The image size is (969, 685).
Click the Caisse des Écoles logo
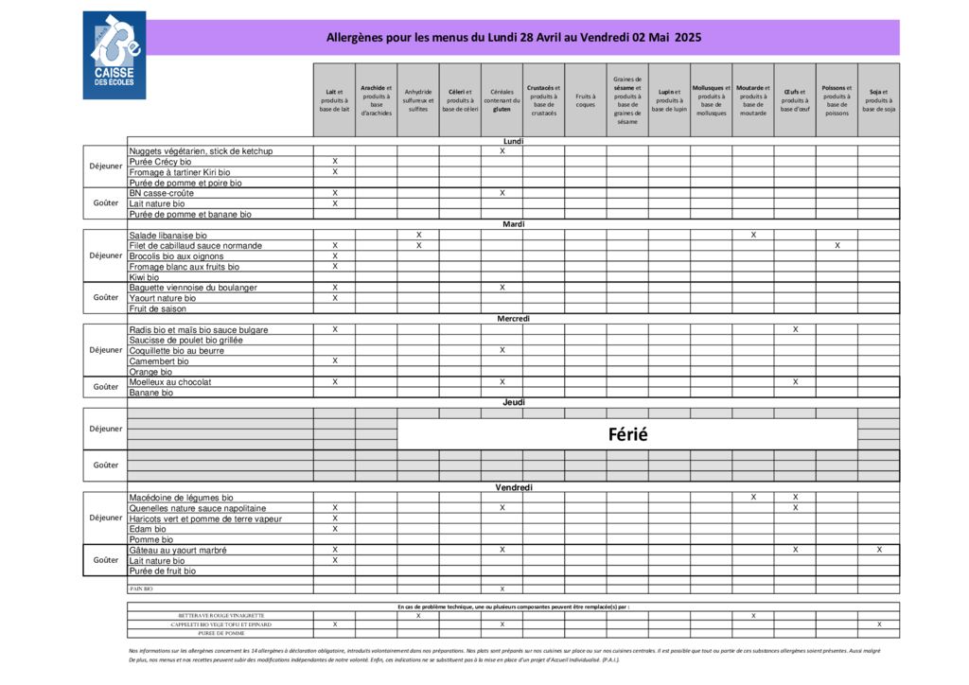[115, 55]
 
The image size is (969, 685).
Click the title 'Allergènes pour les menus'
[514, 38]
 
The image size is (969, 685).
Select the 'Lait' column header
[334, 100]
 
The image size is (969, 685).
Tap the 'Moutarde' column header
[752, 100]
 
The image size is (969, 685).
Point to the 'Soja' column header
[878, 100]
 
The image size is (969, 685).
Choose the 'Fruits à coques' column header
[586, 100]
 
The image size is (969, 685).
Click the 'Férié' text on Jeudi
[627, 434]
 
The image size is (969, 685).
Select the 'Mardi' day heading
[514, 224]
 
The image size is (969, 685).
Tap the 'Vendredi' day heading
[514, 487]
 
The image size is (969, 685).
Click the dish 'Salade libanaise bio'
[168, 236]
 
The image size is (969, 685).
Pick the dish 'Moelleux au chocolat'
[170, 382]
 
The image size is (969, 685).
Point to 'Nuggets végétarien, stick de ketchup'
[201, 151]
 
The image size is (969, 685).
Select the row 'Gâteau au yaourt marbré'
[178, 550]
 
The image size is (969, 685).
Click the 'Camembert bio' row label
[159, 361]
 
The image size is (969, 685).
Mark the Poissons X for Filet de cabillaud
[837, 246]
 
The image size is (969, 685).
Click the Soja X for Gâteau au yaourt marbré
[878, 550]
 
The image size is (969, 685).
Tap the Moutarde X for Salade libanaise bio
[753, 235]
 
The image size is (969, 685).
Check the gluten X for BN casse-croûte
[502, 193]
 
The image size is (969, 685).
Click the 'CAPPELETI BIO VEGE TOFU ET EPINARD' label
[220, 624]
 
